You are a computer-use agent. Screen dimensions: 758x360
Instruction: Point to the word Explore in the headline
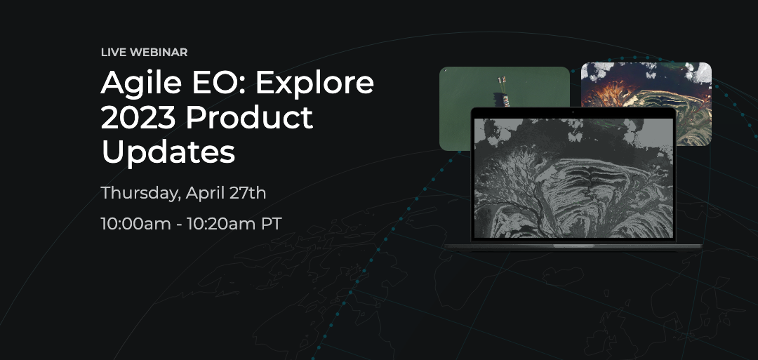314,83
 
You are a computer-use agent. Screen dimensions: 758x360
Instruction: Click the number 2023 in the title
138,117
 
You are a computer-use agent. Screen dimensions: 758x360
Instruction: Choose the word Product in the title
249,117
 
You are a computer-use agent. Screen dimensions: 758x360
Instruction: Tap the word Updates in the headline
168,153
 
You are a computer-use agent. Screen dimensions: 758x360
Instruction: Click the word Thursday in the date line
141,193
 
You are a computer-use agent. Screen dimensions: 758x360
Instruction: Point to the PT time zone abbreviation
272,224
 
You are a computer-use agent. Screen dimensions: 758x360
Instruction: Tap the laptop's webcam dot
573,112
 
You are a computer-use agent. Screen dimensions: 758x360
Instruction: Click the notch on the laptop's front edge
573,246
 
